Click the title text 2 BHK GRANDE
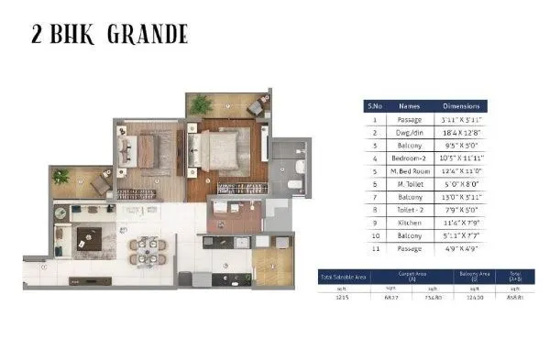pos(107,35)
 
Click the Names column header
pos(408,106)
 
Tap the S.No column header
pos(373,106)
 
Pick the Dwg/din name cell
pos(408,132)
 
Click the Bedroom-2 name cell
pos(408,158)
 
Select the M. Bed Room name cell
pos(408,170)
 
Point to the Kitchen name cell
pos(408,222)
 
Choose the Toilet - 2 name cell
pos(408,209)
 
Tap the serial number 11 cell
pos(373,247)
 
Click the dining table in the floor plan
pos(145,247)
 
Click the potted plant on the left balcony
pos(61,176)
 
